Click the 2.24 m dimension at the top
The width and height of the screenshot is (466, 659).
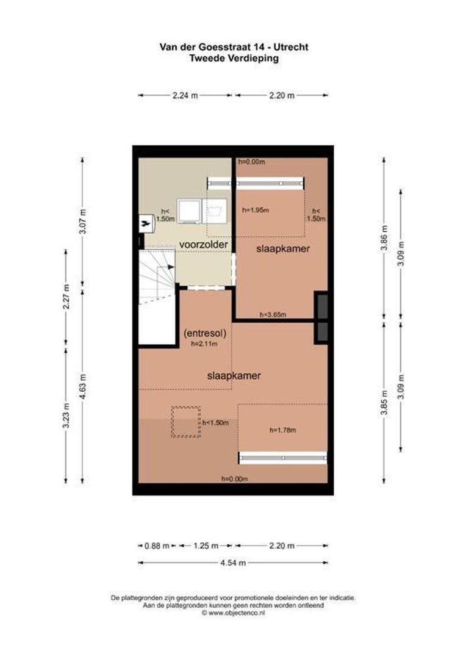185,96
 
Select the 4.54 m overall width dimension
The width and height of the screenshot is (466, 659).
233,563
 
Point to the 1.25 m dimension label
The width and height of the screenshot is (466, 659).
204,546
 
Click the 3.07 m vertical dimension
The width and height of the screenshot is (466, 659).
83,222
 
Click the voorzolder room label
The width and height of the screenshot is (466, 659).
204,245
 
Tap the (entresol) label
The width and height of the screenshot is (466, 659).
205,334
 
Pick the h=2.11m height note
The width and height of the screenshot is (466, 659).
205,344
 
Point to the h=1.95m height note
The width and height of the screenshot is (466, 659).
255,210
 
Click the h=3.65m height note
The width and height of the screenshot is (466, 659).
273,315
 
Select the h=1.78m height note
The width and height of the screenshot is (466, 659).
282,430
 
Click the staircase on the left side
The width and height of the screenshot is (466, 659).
156,278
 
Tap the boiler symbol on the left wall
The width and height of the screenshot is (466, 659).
146,223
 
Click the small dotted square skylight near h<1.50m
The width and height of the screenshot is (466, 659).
185,422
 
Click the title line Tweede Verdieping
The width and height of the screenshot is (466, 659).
233,58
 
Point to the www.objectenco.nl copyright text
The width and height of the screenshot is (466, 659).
233,613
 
